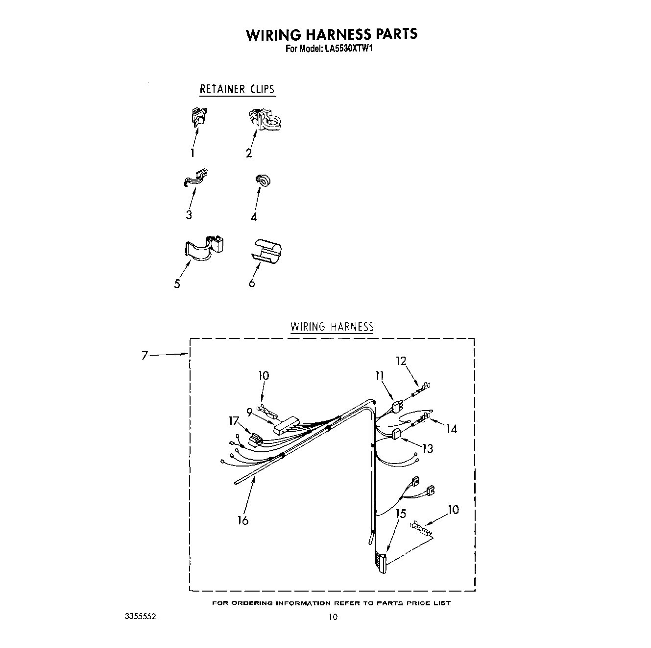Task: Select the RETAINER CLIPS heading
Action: [237, 89]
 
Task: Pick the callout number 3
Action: [189, 215]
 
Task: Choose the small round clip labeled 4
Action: [263, 181]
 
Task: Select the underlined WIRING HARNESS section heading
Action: [332, 327]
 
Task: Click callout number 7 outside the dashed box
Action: [145, 356]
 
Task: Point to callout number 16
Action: [243, 520]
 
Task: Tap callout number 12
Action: [401, 361]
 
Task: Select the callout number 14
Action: [451, 429]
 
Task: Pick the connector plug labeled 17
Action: [256, 439]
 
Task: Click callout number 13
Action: [428, 448]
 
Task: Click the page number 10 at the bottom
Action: [333, 617]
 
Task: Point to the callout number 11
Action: [380, 376]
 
